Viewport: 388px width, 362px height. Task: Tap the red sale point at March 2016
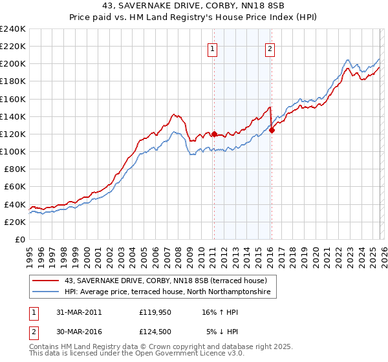click(x=272, y=130)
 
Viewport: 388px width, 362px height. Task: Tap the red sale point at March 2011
click(x=214, y=134)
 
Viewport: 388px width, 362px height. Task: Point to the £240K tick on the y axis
click(x=13, y=29)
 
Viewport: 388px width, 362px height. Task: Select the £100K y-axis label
click(x=13, y=151)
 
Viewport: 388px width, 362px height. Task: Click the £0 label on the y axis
click(x=19, y=239)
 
